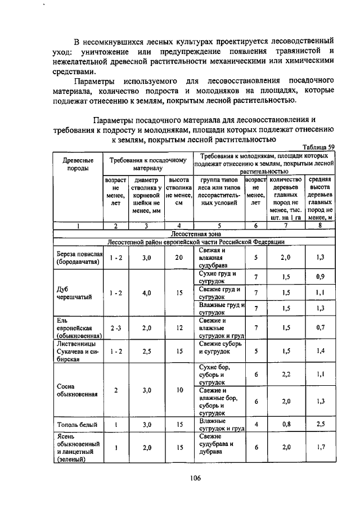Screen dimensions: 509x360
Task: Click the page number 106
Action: [195, 478]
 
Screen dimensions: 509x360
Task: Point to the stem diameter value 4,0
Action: [147, 293]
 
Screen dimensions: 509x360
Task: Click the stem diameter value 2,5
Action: [147, 351]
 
